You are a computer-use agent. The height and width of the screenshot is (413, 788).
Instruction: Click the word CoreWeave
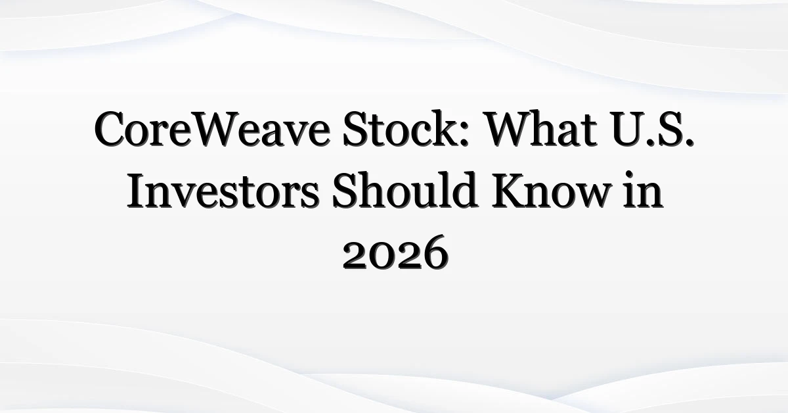(x=212, y=130)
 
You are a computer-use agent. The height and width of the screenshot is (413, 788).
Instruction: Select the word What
(x=542, y=128)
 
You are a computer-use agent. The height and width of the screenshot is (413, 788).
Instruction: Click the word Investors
(x=223, y=191)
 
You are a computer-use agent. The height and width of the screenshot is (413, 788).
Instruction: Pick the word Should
(x=405, y=189)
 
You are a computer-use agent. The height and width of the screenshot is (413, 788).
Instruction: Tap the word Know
(x=550, y=190)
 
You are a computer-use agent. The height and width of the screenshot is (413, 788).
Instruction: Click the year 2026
(x=395, y=253)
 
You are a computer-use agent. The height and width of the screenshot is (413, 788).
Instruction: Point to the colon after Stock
(x=464, y=135)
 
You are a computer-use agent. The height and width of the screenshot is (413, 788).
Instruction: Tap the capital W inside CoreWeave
(x=216, y=130)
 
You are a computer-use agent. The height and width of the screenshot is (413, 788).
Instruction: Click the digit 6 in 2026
(x=435, y=253)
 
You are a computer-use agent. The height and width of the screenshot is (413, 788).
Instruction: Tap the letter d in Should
(x=464, y=189)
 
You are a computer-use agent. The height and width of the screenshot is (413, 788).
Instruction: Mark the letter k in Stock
(x=444, y=129)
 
